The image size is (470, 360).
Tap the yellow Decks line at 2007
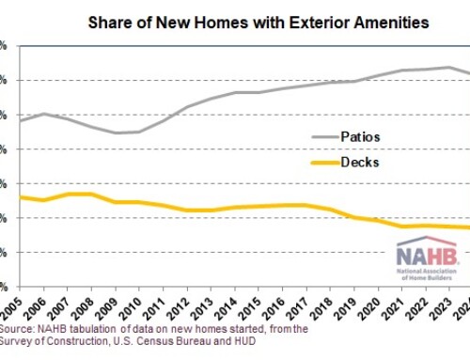[67, 194]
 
